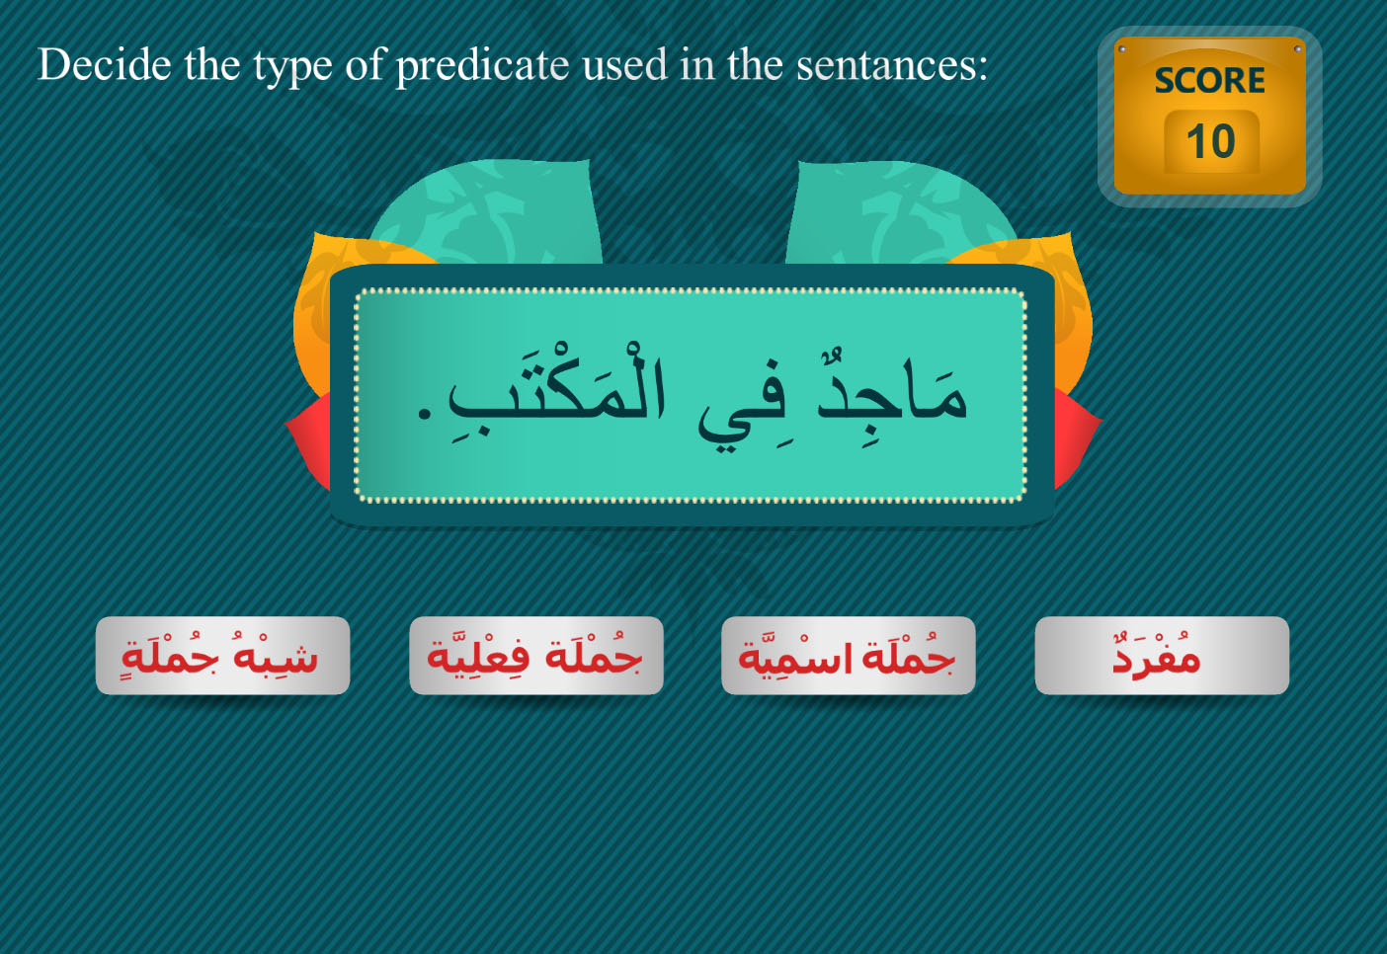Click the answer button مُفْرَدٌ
point(1162,655)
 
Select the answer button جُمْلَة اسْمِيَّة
point(849,655)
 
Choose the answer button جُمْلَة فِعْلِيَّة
point(536,655)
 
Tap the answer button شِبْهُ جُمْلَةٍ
point(223,655)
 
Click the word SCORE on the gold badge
point(1209,81)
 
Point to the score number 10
point(1210,141)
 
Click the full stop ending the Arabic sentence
point(425,413)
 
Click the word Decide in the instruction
point(105,64)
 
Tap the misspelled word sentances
point(892,65)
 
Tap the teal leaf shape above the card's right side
point(901,211)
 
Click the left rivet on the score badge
point(1122,49)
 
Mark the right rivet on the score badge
point(1297,48)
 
